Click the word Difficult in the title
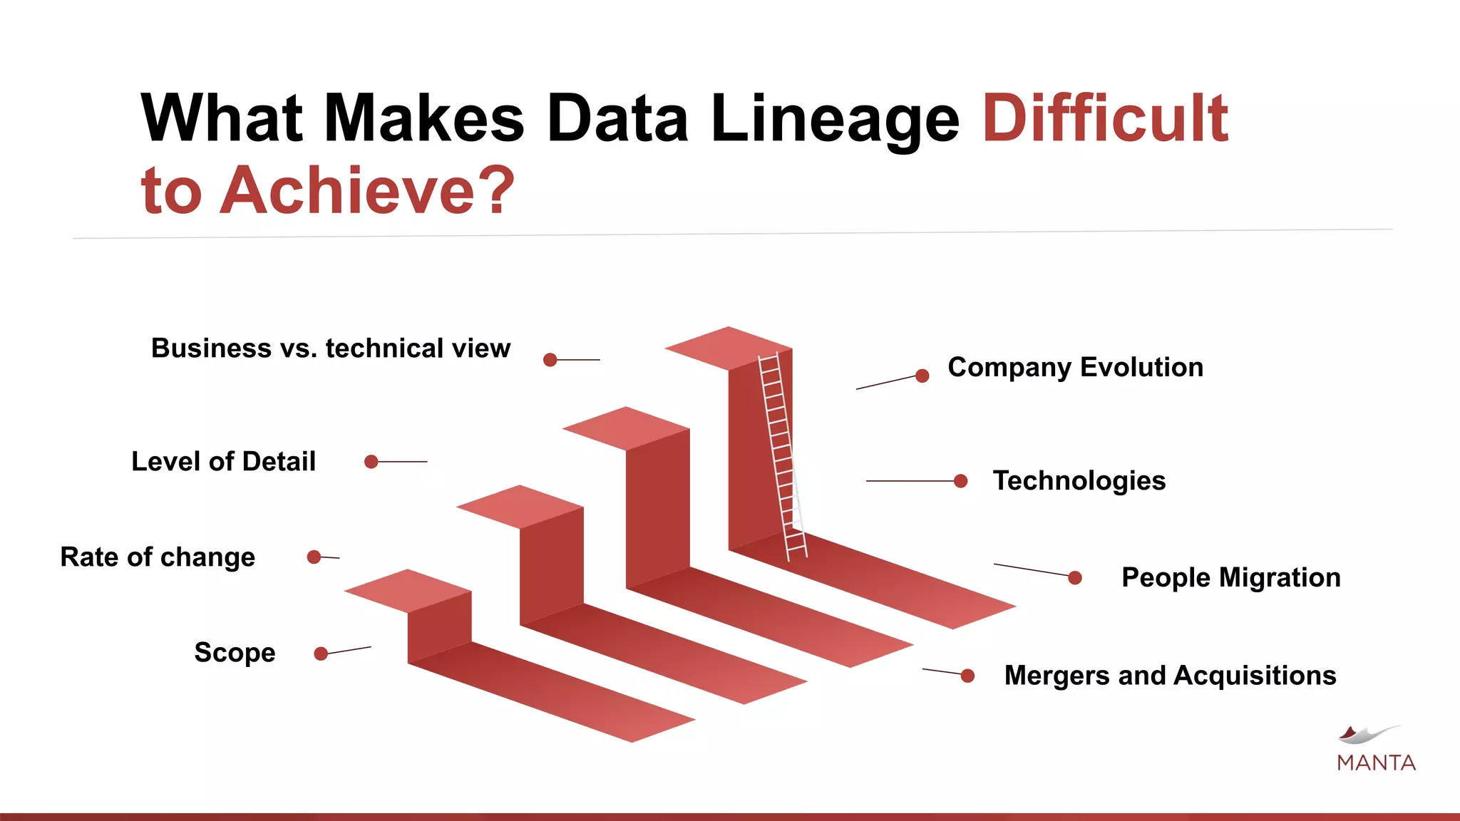coord(1105,118)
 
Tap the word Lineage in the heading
coord(835,120)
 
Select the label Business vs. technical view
coord(331,348)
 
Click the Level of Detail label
coord(223,462)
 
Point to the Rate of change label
coord(158,557)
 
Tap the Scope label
coord(235,653)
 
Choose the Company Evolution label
coord(1075,368)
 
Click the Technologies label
coord(1079,481)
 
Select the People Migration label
coord(1230,578)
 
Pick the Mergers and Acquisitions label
coord(1170,676)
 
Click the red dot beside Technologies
coord(960,482)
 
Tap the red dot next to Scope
coord(321,654)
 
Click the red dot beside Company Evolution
coord(922,376)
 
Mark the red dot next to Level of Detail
coord(371,462)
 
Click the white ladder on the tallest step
coord(781,456)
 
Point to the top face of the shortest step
coord(407,591)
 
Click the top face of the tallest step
coord(728,348)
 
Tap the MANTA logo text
coord(1376,763)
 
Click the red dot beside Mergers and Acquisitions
coord(967,676)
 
